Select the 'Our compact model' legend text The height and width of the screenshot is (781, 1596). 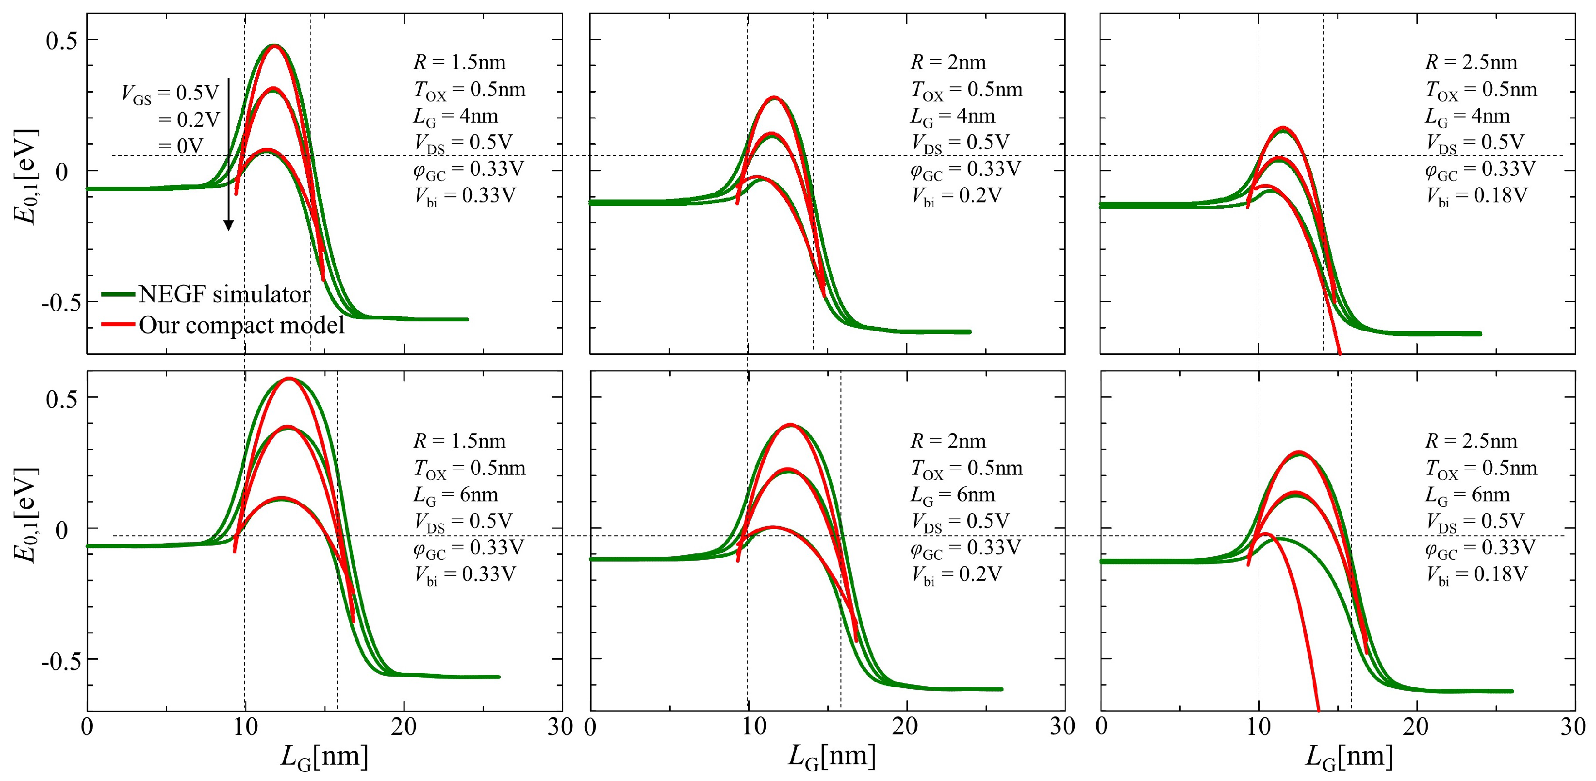point(241,325)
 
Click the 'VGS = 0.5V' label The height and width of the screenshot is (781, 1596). point(170,93)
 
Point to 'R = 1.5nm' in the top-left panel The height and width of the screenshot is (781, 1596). point(459,62)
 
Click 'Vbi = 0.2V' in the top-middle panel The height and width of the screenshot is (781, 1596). point(956,196)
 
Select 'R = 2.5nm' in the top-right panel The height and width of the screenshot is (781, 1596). point(1471,62)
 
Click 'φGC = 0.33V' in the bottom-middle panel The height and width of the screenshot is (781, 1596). point(965,548)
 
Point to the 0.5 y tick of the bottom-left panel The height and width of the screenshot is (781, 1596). point(62,398)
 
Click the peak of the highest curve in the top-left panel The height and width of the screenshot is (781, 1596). point(275,45)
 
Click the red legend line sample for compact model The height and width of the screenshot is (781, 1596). point(118,324)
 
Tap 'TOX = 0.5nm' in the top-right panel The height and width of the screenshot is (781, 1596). point(1481,89)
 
